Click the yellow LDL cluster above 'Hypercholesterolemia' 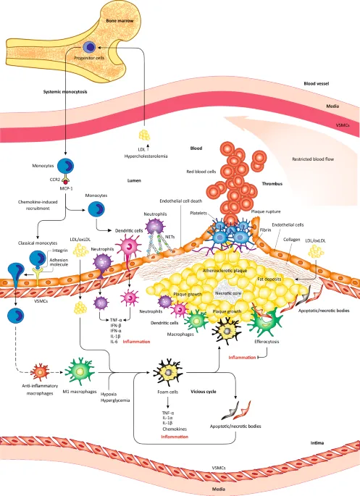coord(146,134)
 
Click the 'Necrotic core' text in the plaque coord(228,293)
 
